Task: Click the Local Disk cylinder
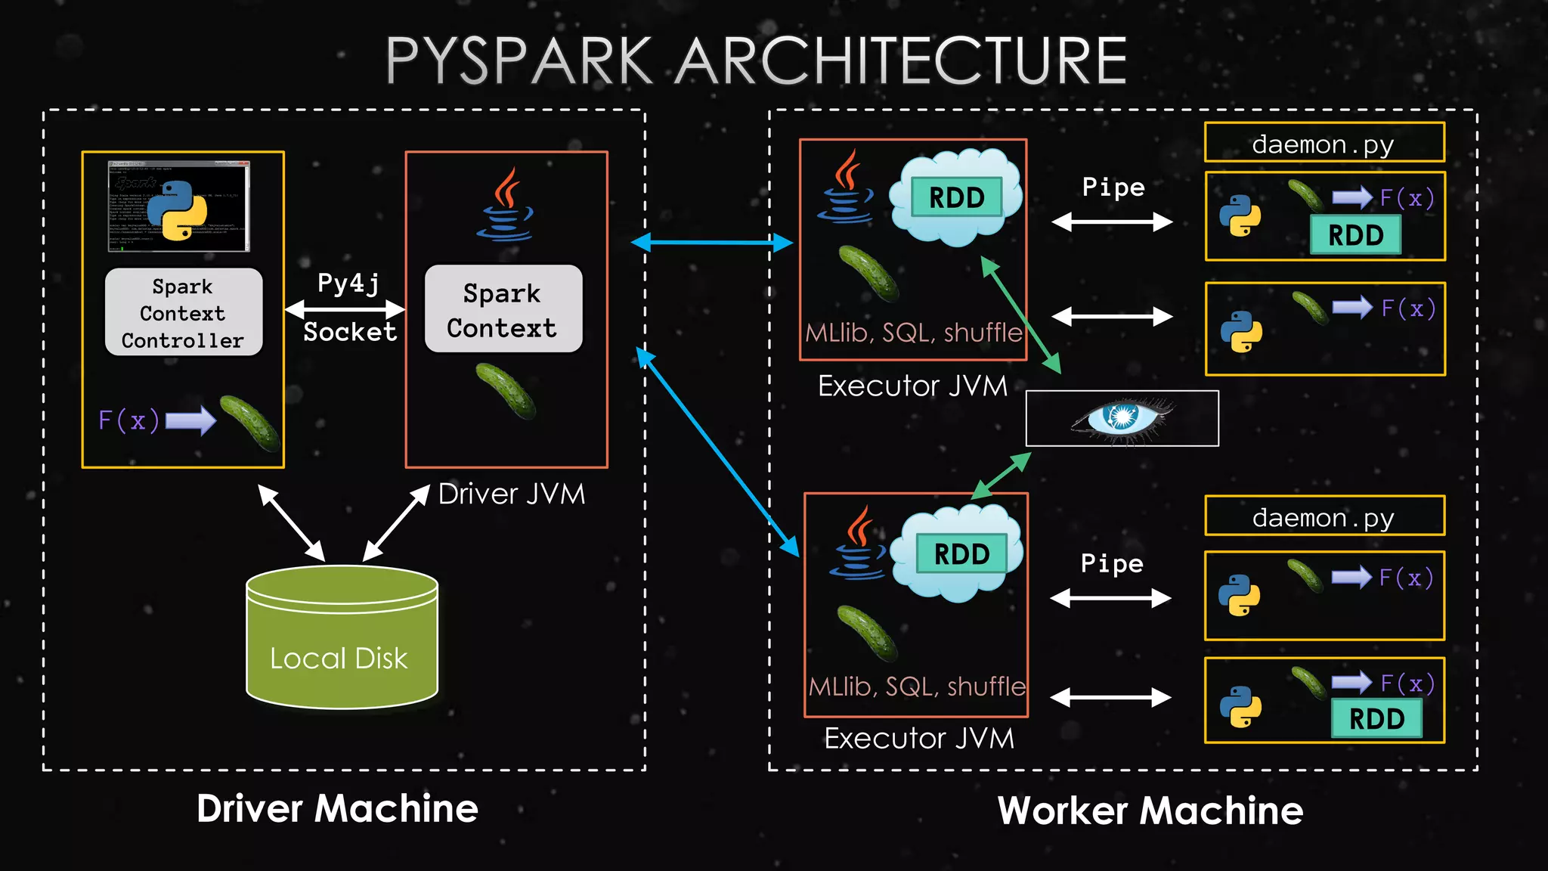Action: coord(342,639)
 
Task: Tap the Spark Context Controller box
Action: coord(184,312)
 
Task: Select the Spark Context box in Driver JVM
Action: coord(503,310)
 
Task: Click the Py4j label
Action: coord(348,284)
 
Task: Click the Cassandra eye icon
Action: coord(1122,418)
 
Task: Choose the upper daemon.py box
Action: coord(1324,143)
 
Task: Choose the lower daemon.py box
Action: coord(1324,516)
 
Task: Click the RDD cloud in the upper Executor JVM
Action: coord(956,197)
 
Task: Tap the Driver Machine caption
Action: coord(337,808)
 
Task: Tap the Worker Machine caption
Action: coord(1150,811)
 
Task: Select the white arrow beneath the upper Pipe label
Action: coord(1112,222)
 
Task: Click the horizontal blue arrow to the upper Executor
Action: coord(712,243)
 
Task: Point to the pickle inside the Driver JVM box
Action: coord(506,390)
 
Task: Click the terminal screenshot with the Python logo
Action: coord(179,206)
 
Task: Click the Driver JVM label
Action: coord(512,494)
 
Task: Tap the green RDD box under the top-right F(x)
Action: coord(1355,235)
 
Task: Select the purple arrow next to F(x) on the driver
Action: coord(190,420)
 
